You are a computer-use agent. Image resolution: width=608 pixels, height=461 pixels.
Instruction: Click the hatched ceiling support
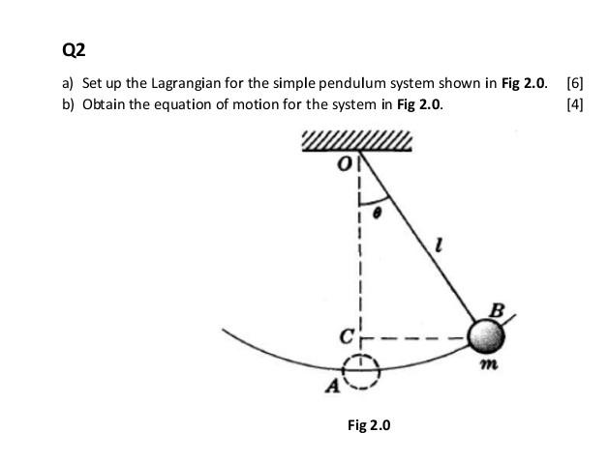(357, 143)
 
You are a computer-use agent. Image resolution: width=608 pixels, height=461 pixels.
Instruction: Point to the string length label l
(441, 249)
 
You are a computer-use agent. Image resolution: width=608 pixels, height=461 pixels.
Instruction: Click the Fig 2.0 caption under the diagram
(369, 424)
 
